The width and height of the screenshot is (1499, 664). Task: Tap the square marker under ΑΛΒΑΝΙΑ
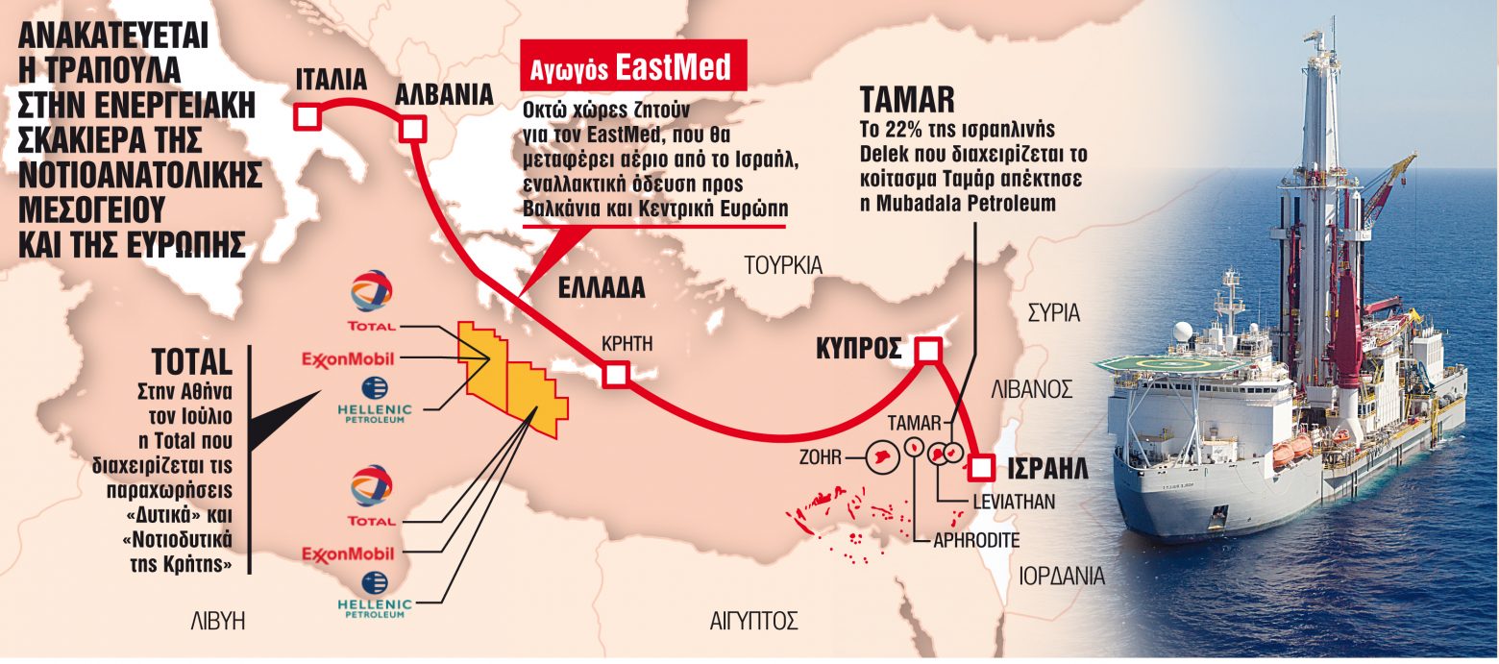pos(412,129)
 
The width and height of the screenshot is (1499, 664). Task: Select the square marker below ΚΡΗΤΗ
pos(615,376)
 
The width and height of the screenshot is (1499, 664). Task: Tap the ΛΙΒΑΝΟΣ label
pos(1032,389)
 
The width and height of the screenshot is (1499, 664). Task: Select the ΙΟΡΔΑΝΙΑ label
pos(1062,577)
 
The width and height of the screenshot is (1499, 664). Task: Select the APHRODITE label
pos(977,540)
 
